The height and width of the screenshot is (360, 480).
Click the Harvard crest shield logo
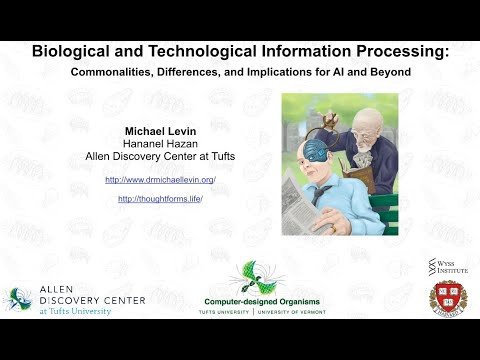(447, 298)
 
